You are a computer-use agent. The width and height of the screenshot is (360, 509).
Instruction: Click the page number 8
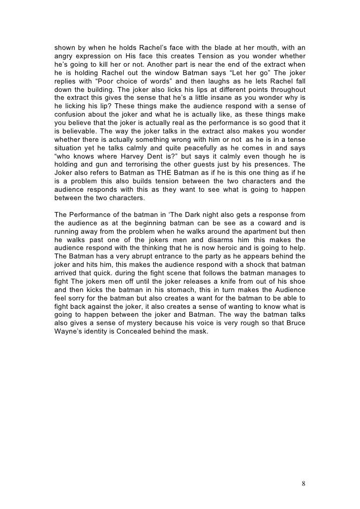[x=303, y=483]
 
